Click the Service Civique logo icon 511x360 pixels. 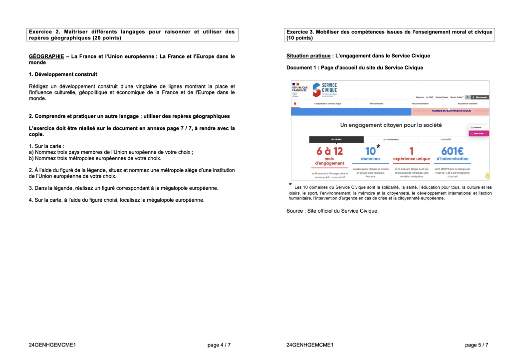316,90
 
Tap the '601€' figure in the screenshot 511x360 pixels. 452,151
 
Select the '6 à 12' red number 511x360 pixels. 330,151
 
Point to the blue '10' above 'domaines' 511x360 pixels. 370,151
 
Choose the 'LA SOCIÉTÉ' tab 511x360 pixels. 445,139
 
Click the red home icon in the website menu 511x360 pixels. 295,103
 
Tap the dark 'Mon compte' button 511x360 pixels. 480,97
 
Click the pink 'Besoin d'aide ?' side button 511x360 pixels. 478,133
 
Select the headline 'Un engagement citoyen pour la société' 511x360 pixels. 391,125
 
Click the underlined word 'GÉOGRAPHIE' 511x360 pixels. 46,56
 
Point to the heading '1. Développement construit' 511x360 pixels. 63,74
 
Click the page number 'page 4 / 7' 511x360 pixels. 219,345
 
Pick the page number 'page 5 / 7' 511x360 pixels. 477,345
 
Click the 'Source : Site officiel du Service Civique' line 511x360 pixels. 332,211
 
